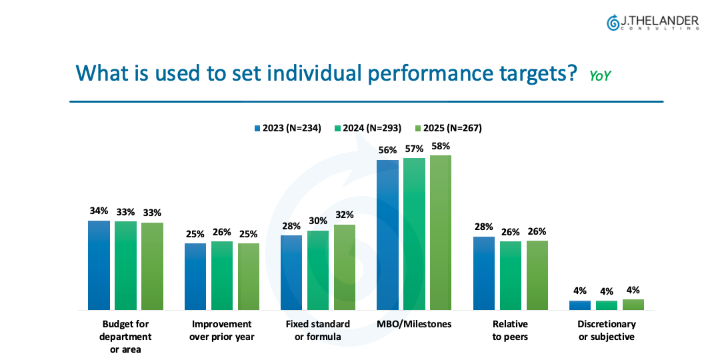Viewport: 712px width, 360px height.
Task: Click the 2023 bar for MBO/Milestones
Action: click(x=387, y=235)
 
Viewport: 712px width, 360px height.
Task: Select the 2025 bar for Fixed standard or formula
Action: click(x=345, y=267)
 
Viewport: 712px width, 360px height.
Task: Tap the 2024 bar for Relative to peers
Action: click(x=511, y=275)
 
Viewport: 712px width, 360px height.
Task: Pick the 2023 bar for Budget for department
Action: click(x=99, y=265)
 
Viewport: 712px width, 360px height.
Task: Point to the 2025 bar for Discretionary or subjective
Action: click(x=633, y=305)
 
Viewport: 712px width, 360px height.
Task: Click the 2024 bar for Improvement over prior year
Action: click(x=222, y=275)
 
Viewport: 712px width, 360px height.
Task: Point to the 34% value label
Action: click(x=99, y=211)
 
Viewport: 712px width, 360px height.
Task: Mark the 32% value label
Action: click(x=345, y=215)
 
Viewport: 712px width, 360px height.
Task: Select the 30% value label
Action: click(x=318, y=221)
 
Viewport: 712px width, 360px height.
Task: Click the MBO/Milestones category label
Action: click(x=414, y=324)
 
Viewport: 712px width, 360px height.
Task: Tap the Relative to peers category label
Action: click(x=511, y=330)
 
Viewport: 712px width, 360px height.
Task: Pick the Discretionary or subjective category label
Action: click(x=607, y=330)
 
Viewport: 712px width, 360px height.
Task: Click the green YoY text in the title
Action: click(x=600, y=76)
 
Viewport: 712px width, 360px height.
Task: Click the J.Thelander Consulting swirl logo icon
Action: click(x=613, y=23)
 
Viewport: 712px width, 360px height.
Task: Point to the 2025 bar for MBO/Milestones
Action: click(x=441, y=233)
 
